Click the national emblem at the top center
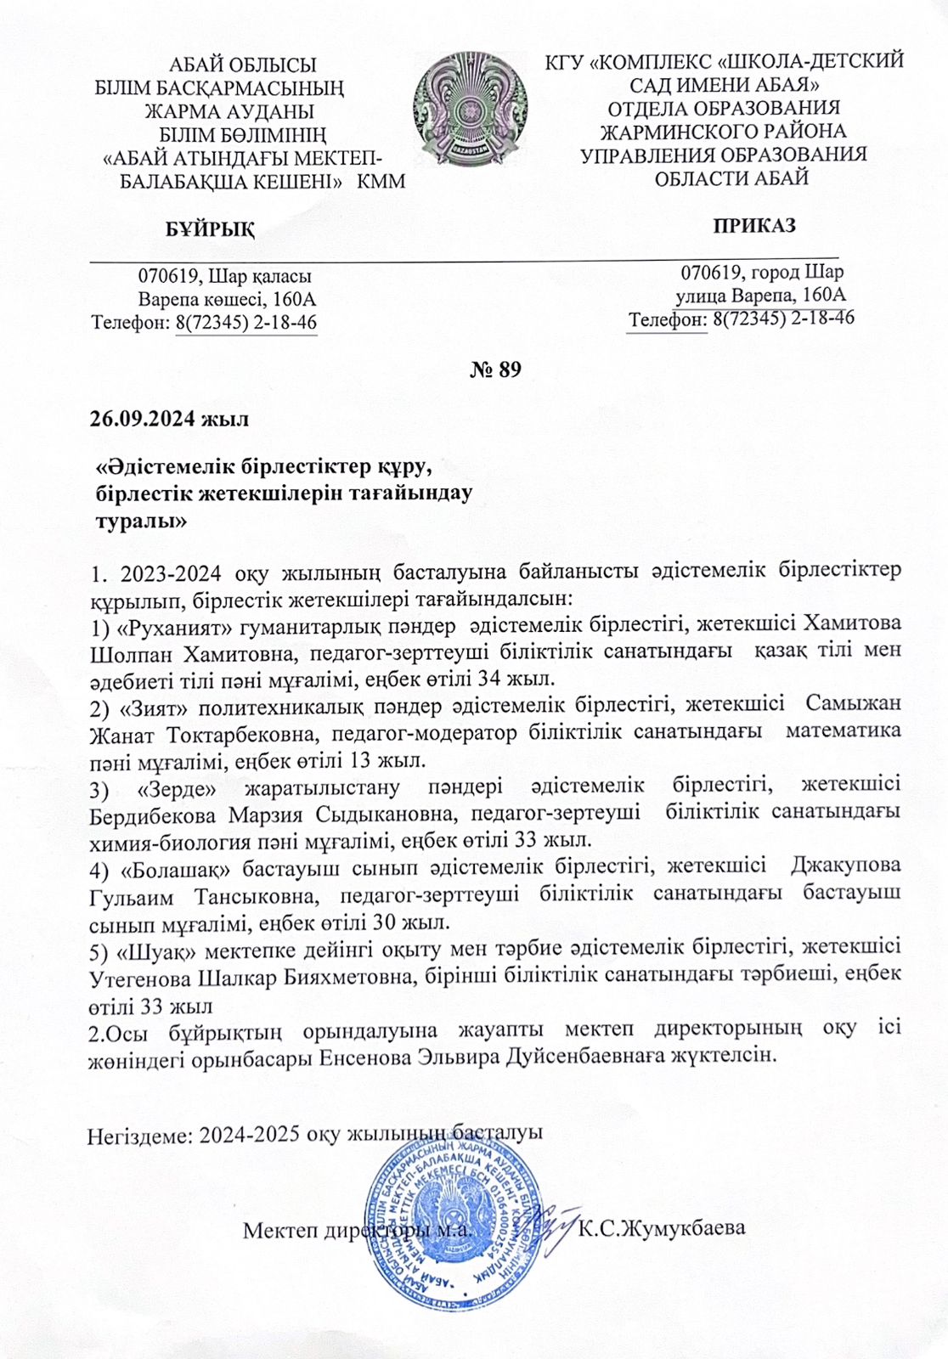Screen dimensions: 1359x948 tap(470, 109)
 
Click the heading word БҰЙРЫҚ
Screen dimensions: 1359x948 tap(209, 229)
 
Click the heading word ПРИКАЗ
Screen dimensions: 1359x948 tap(754, 226)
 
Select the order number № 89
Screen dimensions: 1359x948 tap(494, 369)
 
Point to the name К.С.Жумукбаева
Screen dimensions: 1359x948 tap(662, 1228)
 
